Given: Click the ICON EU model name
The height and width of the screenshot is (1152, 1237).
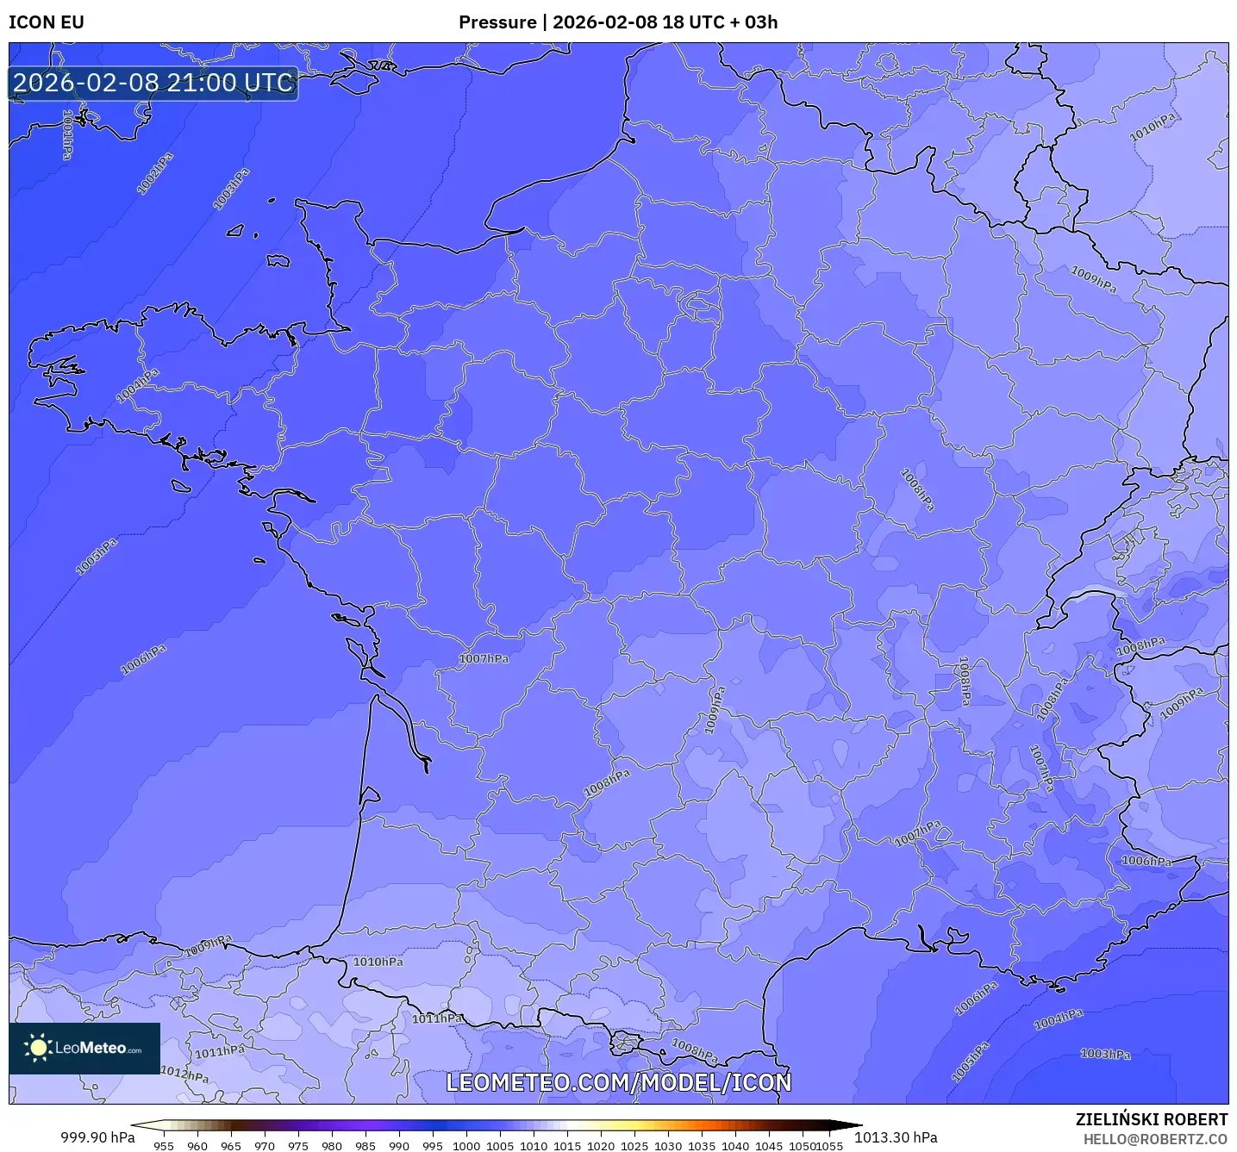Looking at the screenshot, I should pos(47,22).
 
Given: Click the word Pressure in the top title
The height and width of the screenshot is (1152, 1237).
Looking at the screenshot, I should pos(497,22).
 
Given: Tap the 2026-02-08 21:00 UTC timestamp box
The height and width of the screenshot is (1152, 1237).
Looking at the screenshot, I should pos(153,84).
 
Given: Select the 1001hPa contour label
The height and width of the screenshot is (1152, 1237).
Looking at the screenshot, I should pos(67,134).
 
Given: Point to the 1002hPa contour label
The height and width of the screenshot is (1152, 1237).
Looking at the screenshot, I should pos(155,173).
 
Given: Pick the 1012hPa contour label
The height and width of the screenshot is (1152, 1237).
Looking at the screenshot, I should pos(184,1074).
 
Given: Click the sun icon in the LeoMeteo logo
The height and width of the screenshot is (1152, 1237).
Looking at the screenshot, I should pos(38,1048).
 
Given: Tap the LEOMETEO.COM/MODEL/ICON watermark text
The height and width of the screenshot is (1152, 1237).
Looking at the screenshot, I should pos(618,1083).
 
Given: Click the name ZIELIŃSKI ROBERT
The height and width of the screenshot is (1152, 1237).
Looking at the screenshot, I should pos(1151,1119).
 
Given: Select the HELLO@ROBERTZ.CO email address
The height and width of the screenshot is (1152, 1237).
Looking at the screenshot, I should pos(1155,1139).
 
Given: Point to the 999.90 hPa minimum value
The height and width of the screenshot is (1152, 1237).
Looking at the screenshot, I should pos(97,1137).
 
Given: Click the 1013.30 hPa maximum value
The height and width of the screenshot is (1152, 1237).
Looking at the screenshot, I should pos(896,1137).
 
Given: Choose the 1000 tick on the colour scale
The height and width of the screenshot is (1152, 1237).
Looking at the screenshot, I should pos(466,1145).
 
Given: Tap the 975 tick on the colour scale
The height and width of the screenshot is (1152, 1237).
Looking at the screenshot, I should pos(298,1145).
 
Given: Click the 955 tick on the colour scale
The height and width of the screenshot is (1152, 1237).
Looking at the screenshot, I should pos(164,1145).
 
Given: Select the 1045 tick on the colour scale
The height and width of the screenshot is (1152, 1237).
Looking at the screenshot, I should pos(769,1145).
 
